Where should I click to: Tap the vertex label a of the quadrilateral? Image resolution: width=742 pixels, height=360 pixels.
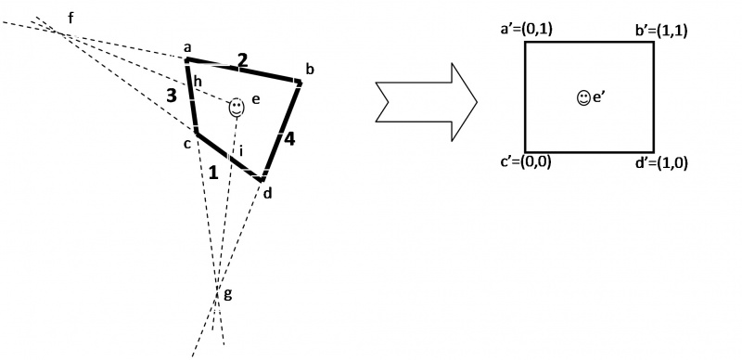pyautogui.click(x=186, y=46)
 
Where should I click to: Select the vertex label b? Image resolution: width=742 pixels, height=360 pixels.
pyautogui.click(x=310, y=70)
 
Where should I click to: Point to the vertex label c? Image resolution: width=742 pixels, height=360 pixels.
pyautogui.click(x=186, y=143)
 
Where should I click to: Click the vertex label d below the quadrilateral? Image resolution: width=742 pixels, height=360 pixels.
pyautogui.click(x=268, y=194)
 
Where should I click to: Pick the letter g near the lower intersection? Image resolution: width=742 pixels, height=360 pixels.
pyautogui.click(x=229, y=295)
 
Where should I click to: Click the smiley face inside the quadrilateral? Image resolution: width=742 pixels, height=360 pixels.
pyautogui.click(x=237, y=108)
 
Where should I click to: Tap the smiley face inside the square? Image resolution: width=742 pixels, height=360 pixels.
pyautogui.click(x=582, y=96)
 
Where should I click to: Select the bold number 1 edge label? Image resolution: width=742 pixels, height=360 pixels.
pyautogui.click(x=213, y=172)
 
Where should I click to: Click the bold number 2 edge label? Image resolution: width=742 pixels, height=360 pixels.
pyautogui.click(x=242, y=60)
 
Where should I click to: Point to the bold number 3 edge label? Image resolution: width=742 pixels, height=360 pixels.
pyautogui.click(x=172, y=95)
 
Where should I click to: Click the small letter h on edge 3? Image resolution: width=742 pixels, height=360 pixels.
pyautogui.click(x=198, y=81)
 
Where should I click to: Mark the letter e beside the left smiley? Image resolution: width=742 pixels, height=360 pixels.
pyautogui.click(x=256, y=99)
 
